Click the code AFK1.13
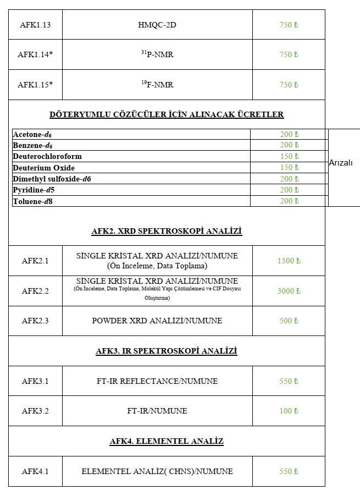35,25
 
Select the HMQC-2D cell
157,25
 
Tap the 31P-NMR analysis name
157,54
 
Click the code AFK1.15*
35,85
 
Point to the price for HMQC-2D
289,25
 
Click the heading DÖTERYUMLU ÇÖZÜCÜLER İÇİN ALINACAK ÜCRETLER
167,115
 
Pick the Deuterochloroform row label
47,156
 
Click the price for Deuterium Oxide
289,167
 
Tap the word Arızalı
341,163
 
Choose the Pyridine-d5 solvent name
34,190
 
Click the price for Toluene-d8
289,201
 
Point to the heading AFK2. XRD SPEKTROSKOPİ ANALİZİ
167,231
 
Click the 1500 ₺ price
289,261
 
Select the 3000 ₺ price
289,291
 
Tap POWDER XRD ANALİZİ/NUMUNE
157,321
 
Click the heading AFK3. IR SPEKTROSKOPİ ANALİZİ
167,351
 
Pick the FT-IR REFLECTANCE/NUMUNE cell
157,381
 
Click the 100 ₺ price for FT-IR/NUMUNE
289,411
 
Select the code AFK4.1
35,471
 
